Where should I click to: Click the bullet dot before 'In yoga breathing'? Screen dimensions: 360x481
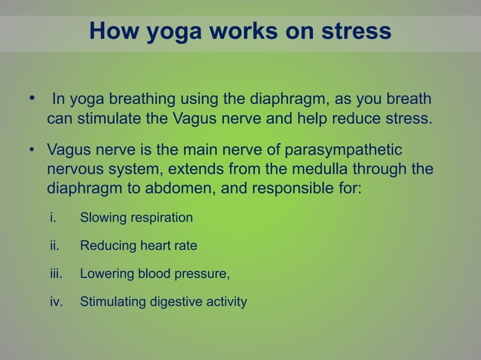tap(32, 99)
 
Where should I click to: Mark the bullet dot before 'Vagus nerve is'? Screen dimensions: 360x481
tap(32, 147)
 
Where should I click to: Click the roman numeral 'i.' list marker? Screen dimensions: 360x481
tap(53, 218)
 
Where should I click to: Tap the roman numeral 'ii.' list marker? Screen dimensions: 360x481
tap(54, 246)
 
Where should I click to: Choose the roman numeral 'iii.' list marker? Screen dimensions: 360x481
tap(55, 274)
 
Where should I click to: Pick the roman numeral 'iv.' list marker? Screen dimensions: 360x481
tap(55, 302)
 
